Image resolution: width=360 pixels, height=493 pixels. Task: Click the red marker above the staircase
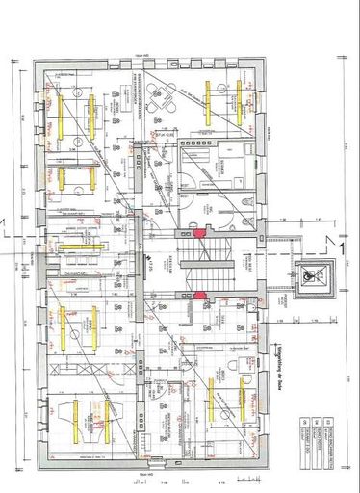coord(199,232)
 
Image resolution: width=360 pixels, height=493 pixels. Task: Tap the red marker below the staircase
coord(199,296)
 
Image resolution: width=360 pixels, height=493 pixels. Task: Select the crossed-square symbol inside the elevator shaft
coord(309,274)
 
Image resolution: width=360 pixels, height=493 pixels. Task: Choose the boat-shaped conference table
coord(76,414)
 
